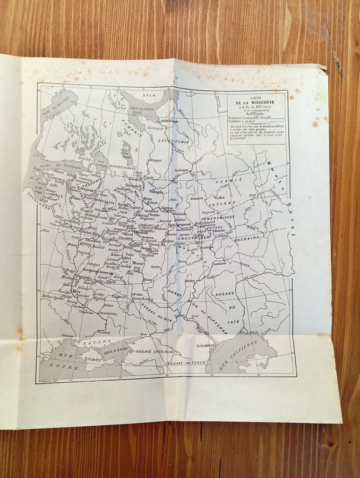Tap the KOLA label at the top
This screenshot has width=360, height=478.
pyautogui.click(x=149, y=95)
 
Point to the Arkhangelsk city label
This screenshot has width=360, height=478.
pyautogui.click(x=169, y=121)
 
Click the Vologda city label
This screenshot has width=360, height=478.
pyautogui.click(x=156, y=192)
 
